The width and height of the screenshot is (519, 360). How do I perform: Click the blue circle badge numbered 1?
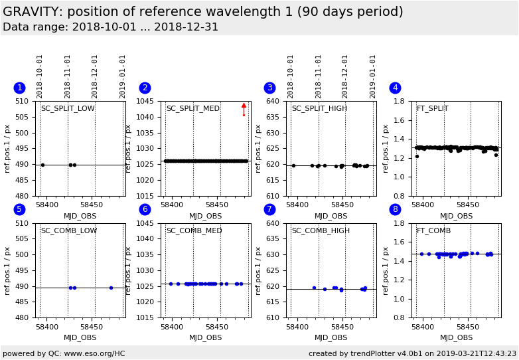pyautogui.click(x=19, y=88)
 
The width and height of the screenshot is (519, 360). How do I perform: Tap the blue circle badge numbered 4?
pyautogui.click(x=395, y=88)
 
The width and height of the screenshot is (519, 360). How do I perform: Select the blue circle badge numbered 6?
pyautogui.click(x=145, y=209)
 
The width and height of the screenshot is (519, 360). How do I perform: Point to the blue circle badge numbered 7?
pyautogui.click(x=269, y=209)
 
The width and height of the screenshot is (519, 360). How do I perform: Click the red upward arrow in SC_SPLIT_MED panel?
pyautogui.click(x=244, y=109)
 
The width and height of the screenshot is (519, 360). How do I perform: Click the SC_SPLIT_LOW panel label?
pyautogui.click(x=68, y=109)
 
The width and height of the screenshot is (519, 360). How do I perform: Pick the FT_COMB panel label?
pyautogui.click(x=433, y=231)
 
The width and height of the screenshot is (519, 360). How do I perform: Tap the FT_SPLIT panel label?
pyautogui.click(x=432, y=109)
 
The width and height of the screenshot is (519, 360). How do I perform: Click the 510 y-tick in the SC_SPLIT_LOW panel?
pyautogui.click(x=23, y=102)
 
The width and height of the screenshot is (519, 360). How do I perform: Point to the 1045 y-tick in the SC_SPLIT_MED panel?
pyautogui.click(x=146, y=102)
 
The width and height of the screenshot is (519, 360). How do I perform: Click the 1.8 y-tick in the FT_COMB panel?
pyautogui.click(x=399, y=224)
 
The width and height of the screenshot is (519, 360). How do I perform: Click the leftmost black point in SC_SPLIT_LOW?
pyautogui.click(x=42, y=165)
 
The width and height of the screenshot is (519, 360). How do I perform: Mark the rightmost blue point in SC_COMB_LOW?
pyautogui.click(x=111, y=288)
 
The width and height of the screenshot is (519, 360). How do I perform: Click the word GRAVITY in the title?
pyautogui.click(x=32, y=12)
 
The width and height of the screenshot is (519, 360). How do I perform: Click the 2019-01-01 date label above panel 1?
pyautogui.click(x=123, y=76)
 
